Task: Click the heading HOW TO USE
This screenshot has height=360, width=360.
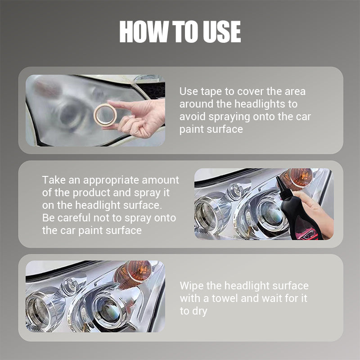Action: [180, 32]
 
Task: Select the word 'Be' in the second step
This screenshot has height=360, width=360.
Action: [48, 218]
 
